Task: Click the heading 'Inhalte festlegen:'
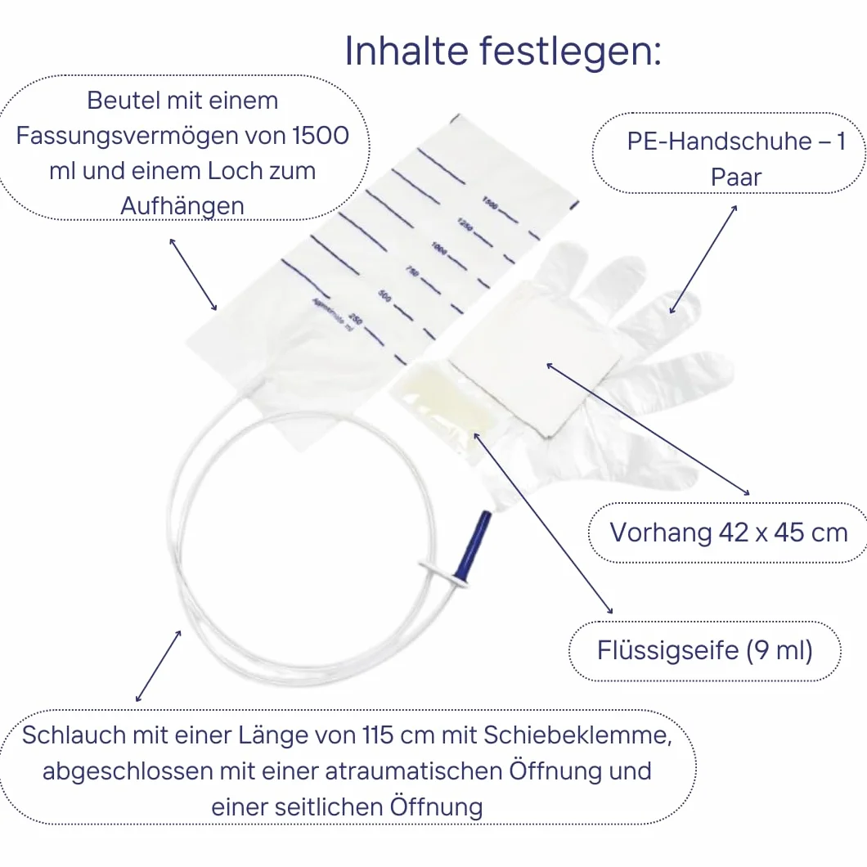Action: coord(503,51)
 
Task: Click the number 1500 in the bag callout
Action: coord(321,136)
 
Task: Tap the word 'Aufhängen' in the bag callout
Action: coord(182,206)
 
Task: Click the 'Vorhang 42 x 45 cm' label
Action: coord(729,532)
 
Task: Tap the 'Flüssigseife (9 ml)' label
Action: coord(705,650)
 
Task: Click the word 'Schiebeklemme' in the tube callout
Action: coord(577,735)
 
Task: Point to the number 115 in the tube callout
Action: coord(378,735)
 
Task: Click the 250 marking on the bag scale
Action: coord(356,320)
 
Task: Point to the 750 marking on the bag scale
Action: coord(412,271)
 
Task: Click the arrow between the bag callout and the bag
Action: coord(193,274)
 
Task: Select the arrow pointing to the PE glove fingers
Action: coord(703,259)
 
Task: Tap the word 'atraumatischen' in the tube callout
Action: coord(413,771)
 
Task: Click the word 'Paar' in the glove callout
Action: coord(736,177)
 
